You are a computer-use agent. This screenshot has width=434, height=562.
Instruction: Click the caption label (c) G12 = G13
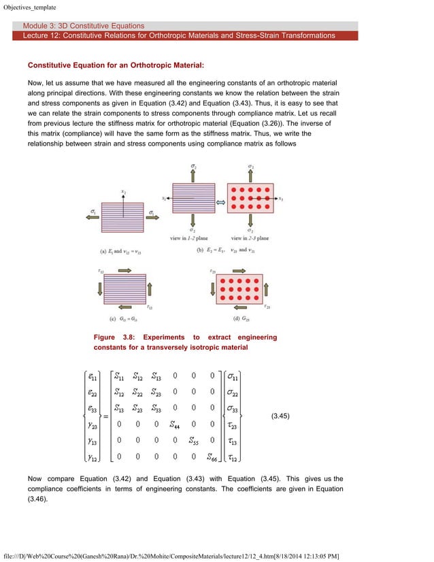tap(122, 318)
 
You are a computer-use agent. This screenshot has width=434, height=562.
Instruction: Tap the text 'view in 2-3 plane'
tap(250, 238)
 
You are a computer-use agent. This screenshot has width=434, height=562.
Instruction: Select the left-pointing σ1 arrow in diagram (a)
tap(94, 219)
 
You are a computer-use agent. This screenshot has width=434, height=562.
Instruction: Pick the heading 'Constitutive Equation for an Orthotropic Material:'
tap(116, 66)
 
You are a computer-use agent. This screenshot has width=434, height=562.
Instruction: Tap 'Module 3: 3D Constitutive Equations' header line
tap(84, 26)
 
